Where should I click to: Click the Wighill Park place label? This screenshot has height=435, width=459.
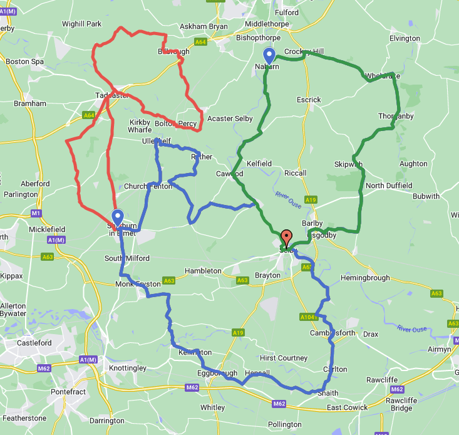(81, 24)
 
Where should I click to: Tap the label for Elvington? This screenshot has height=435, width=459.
(405, 39)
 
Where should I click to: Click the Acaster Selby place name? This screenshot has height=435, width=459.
(230, 119)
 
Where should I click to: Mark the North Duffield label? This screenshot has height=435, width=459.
(389, 186)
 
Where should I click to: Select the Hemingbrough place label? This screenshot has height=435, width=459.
(365, 278)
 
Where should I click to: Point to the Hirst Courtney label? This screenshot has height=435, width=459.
(280, 358)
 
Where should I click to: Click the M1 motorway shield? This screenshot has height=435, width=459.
(36, 214)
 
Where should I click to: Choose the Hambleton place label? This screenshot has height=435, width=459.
(203, 271)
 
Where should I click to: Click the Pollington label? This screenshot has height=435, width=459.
(284, 424)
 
